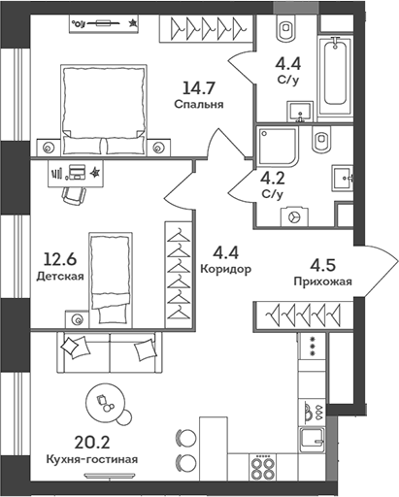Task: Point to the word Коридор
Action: coord(226,269)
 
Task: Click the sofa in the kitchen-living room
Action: coord(110,349)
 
